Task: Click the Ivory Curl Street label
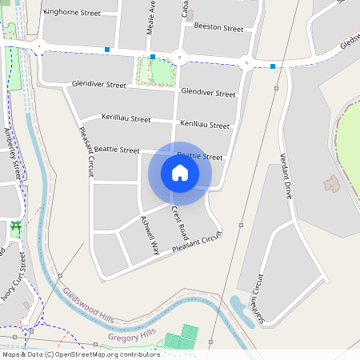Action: [16, 277]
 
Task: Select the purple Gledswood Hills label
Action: [88, 305]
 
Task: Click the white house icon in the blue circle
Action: [180, 173]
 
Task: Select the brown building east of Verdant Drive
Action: [331, 184]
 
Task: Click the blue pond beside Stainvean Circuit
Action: [240, 305]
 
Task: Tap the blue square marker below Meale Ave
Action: [153, 57]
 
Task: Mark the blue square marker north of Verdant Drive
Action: [273, 66]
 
